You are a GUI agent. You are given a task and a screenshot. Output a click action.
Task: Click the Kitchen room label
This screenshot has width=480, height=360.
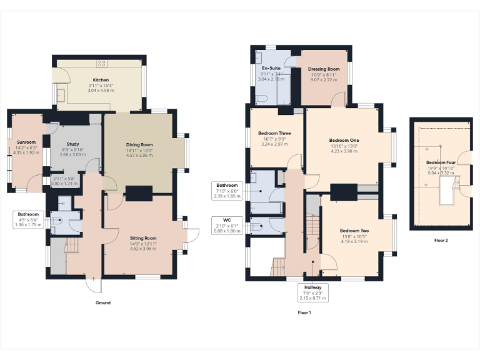point(101,81)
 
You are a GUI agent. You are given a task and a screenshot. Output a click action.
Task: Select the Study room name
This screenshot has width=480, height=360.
point(74,143)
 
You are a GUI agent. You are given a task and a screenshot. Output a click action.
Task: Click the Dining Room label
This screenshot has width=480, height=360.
point(139,144)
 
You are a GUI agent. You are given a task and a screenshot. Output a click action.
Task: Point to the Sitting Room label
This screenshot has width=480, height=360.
point(143,238)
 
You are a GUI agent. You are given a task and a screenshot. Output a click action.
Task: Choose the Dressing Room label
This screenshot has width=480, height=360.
point(324,69)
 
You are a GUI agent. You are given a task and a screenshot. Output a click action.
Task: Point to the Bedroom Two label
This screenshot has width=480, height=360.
point(354,231)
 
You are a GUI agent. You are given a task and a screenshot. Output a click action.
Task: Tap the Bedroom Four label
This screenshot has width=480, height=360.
point(441,162)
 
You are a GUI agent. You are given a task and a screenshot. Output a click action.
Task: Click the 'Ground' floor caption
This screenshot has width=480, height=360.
point(103,302)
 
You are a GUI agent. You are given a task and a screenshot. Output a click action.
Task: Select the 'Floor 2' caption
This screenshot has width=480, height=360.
point(441,239)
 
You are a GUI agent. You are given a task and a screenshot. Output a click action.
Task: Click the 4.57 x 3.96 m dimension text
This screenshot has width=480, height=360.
point(139,155)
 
